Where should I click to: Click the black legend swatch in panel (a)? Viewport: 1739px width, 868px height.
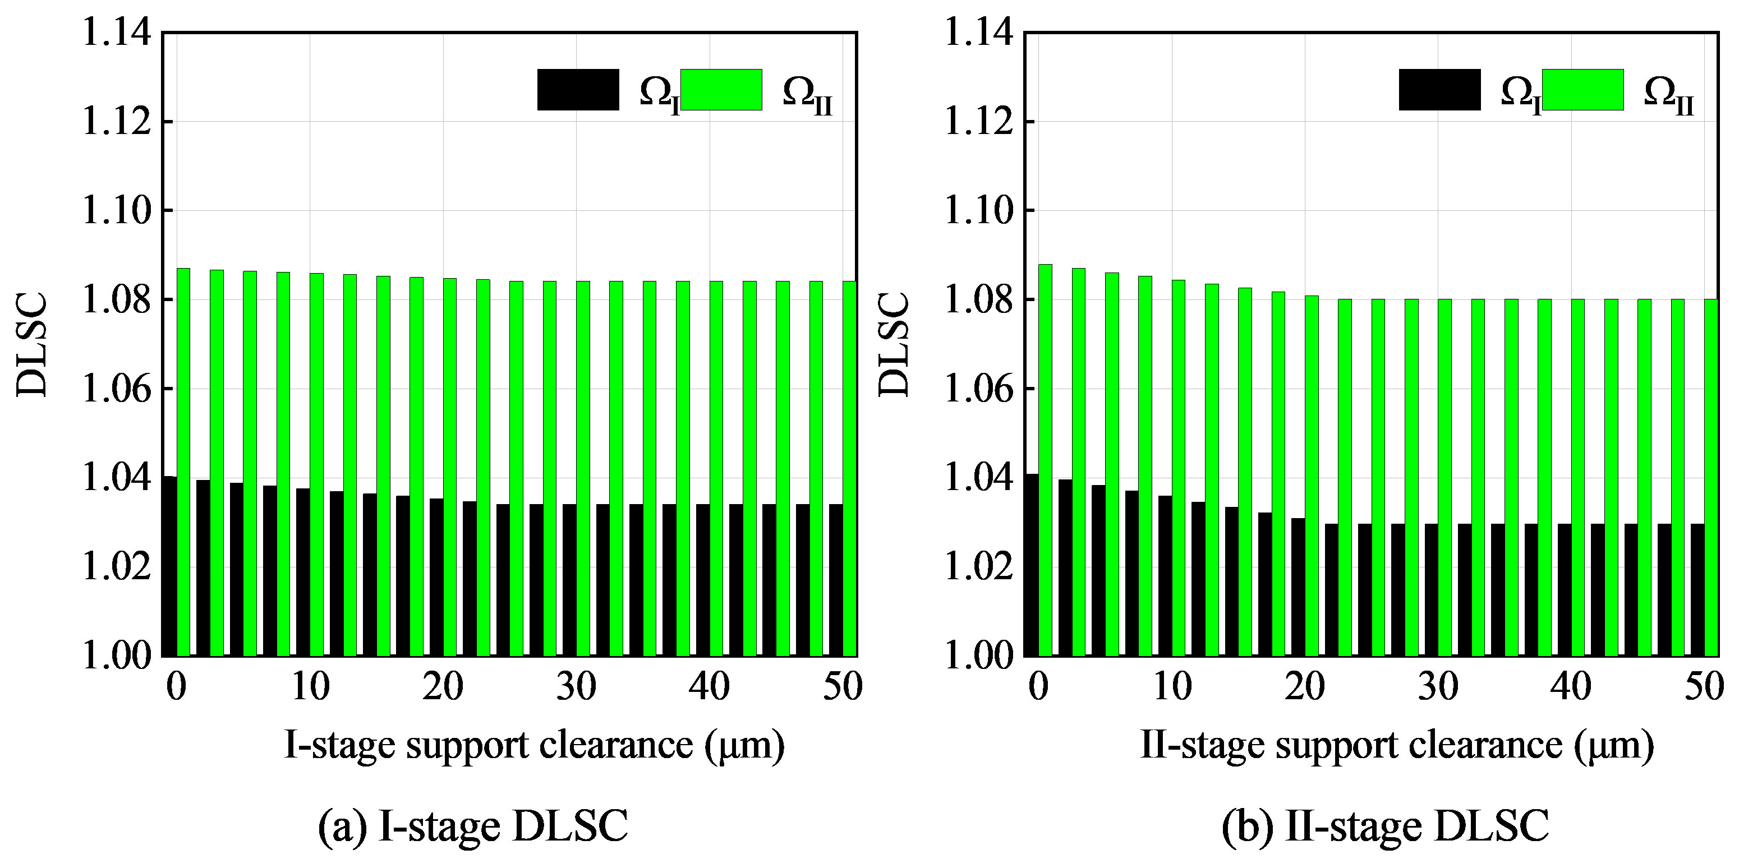[578, 90]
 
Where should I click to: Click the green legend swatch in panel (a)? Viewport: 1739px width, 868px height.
[721, 90]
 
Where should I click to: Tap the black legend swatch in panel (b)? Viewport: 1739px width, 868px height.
[1439, 90]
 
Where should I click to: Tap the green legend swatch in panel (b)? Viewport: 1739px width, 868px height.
[1582, 90]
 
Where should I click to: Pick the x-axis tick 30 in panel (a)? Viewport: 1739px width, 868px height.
[577, 687]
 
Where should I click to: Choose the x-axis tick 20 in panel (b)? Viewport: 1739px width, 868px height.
[1304, 687]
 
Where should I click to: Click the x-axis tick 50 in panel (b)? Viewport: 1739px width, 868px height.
[1704, 687]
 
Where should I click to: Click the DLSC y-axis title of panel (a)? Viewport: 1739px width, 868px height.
[33, 344]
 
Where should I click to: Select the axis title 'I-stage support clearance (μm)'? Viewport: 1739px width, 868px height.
[535, 745]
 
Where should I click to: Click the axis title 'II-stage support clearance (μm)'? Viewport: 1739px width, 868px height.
[1397, 745]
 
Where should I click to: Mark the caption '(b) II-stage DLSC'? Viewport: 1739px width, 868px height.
[1385, 826]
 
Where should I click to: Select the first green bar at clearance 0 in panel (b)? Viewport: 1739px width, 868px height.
[1045, 459]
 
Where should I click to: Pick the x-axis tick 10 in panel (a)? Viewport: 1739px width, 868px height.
[311, 687]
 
